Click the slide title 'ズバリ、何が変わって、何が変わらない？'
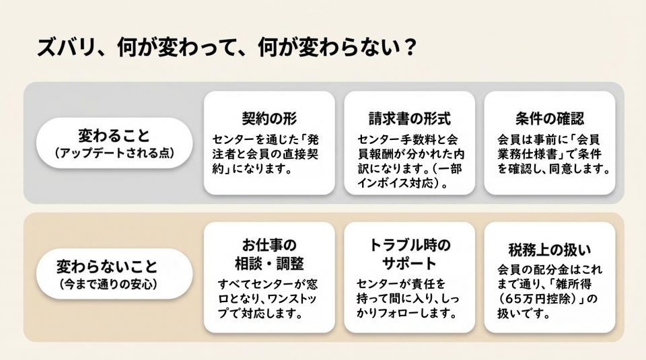(x=227, y=48)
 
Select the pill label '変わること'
(x=114, y=135)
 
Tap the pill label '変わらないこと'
(x=107, y=266)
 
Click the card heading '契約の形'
(x=269, y=118)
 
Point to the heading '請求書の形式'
(x=410, y=118)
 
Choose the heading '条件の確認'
(x=550, y=118)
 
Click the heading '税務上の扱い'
(x=550, y=250)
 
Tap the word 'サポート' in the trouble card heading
(x=408, y=263)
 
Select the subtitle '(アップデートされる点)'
(x=114, y=153)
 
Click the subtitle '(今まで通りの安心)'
(x=108, y=284)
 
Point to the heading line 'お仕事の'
(x=269, y=245)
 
